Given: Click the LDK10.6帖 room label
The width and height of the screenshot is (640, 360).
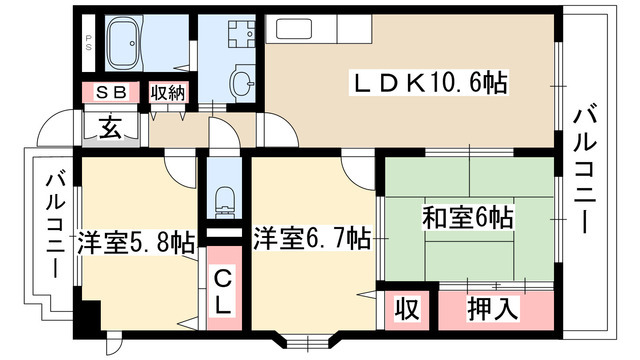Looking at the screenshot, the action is click(429, 83).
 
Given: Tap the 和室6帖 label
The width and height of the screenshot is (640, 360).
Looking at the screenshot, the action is click(468, 218).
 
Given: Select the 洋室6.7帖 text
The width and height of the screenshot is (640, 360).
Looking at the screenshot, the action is click(312, 238).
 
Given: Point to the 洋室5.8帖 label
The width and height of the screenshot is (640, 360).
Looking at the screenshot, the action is click(135, 243).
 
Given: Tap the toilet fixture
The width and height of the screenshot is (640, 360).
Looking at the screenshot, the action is click(224, 201).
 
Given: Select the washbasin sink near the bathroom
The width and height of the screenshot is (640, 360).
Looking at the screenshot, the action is click(243, 83).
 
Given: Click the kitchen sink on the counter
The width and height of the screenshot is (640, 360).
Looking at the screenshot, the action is click(295, 29).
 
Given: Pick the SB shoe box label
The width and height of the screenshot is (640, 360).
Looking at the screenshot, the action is click(111, 93).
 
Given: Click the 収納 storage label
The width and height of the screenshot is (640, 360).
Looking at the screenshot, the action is click(167, 93).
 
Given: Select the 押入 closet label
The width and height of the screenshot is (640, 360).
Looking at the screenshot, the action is click(493, 308).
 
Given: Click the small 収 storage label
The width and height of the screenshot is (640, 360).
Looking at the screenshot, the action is click(407, 309).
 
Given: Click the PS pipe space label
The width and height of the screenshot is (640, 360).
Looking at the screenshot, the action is click(88, 42).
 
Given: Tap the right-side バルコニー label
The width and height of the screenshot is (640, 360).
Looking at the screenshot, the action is click(584, 169).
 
